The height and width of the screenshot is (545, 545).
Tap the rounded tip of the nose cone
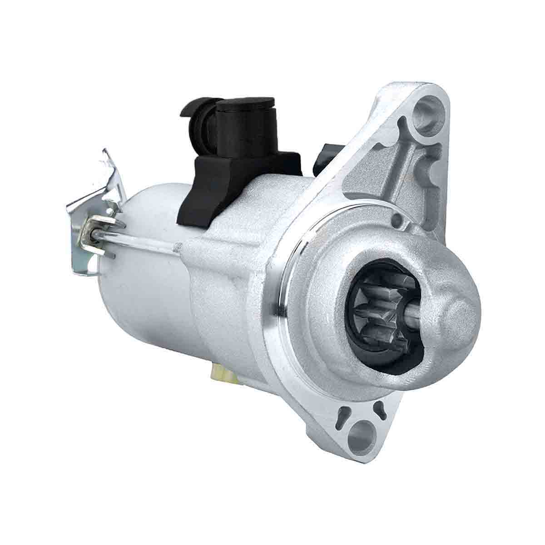pos(459,313)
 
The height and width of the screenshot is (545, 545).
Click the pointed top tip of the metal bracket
pos(105,152)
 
